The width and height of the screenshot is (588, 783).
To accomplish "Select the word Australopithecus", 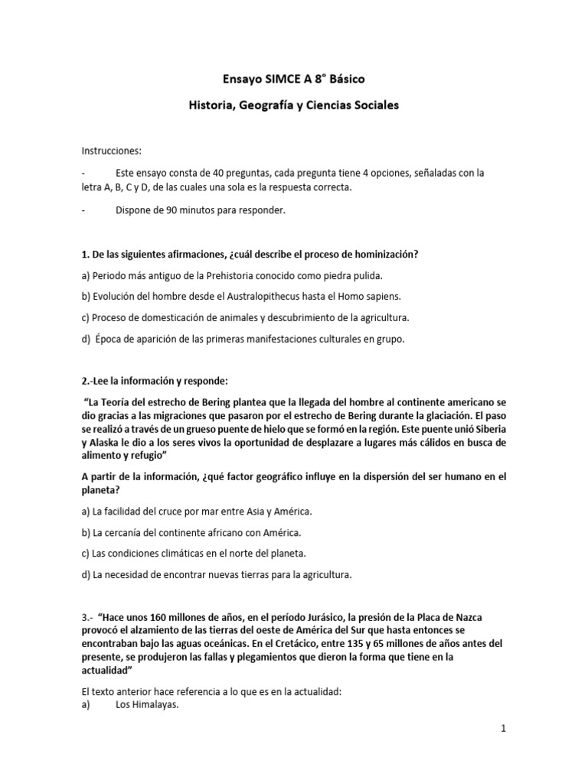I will coord(263,296).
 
